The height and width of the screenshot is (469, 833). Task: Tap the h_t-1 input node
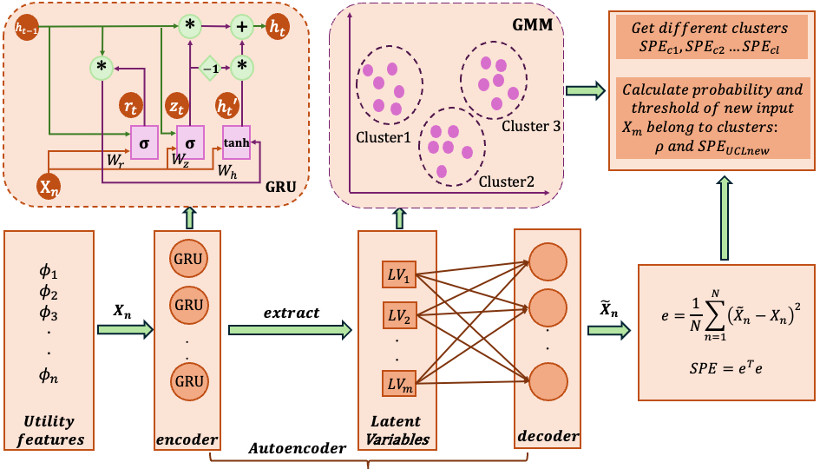pyautogui.click(x=30, y=29)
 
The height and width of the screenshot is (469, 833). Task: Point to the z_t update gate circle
pyautogui.click(x=179, y=107)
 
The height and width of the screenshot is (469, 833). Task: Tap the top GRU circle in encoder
pyautogui.click(x=189, y=260)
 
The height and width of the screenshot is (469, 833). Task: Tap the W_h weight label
pyautogui.click(x=229, y=172)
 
